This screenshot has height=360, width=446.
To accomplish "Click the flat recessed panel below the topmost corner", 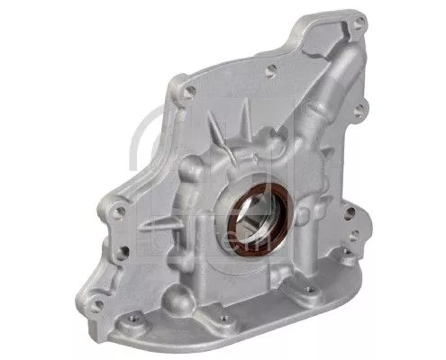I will [x=311, y=63].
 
